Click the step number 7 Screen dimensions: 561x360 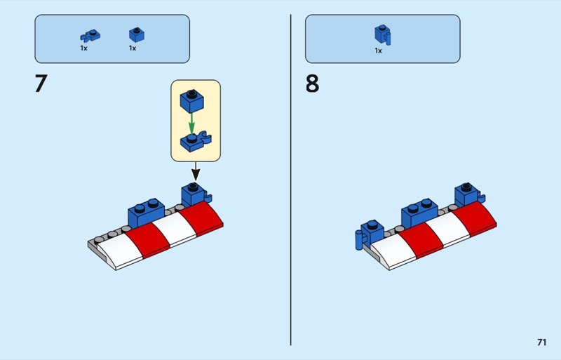[x=41, y=84]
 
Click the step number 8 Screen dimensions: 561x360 [x=312, y=84]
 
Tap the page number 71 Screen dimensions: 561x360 [x=541, y=342]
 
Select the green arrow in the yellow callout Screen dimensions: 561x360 [x=191, y=124]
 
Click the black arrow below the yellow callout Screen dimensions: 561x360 [x=196, y=171]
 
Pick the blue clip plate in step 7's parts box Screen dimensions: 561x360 [x=90, y=36]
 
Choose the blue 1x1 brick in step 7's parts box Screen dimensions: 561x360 [x=137, y=35]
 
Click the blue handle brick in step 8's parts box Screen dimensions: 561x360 [x=382, y=34]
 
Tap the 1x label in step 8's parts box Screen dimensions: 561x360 [x=378, y=51]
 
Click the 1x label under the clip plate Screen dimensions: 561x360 [x=83, y=48]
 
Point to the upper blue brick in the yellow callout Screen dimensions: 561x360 [x=191, y=101]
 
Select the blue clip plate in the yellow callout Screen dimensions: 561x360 [x=196, y=142]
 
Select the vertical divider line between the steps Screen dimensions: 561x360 [x=290, y=180]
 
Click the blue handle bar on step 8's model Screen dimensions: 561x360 [x=359, y=239]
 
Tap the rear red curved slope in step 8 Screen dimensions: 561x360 [x=474, y=218]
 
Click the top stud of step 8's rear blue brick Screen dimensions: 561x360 [x=466, y=187]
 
